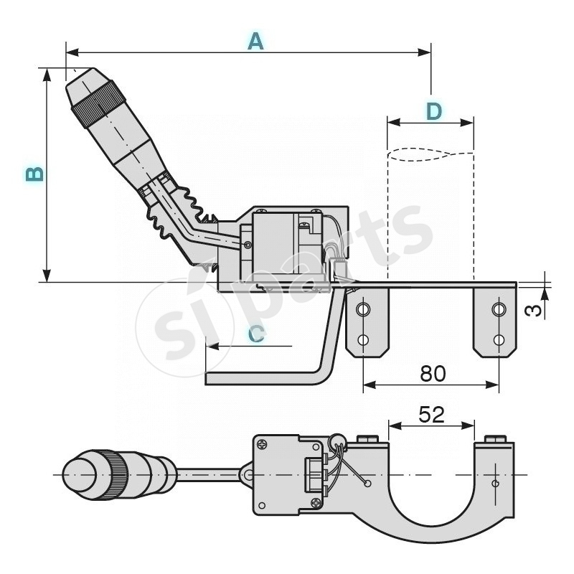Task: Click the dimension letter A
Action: tap(255, 41)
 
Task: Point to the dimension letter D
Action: tap(434, 111)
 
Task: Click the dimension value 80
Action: tap(433, 373)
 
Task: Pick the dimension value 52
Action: tap(431, 414)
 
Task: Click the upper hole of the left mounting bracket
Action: tap(364, 310)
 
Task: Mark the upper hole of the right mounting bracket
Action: tap(498, 310)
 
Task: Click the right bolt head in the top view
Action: tap(495, 439)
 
